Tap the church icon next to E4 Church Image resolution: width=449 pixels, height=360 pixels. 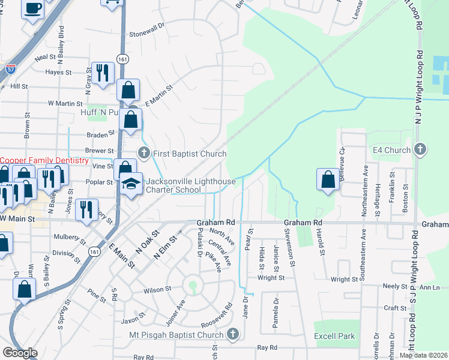click(420, 149)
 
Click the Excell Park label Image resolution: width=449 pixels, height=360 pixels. click(334, 337)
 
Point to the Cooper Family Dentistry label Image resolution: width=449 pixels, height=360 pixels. click(44, 161)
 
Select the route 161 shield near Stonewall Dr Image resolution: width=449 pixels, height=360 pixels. click(122, 59)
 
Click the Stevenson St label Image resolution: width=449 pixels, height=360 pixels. click(291, 247)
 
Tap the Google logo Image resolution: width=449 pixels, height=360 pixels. click(20, 353)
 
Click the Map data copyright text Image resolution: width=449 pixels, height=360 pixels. click(423, 355)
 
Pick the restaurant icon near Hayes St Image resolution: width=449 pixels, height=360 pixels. click(102, 73)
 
